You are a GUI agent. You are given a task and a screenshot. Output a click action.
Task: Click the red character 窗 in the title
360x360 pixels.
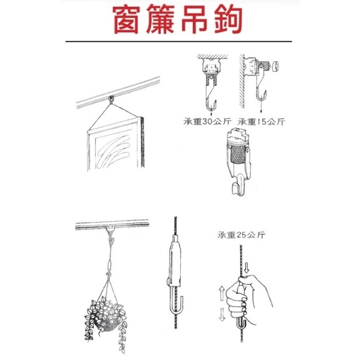point(126,20)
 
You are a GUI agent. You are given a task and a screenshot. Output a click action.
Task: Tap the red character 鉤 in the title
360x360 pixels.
point(229,20)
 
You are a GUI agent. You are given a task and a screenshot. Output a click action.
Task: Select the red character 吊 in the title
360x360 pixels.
point(194,20)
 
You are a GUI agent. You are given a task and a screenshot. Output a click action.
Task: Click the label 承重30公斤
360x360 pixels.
point(207,121)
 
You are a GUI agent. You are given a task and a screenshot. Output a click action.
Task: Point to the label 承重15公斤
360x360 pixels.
point(261,121)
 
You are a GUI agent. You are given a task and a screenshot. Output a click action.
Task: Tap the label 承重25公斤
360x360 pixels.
point(241,235)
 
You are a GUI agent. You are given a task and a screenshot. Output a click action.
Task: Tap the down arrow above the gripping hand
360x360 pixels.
point(247,268)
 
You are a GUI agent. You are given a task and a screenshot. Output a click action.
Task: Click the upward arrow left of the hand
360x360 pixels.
point(222,293)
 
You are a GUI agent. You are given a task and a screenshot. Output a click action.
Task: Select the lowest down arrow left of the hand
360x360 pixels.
point(222,314)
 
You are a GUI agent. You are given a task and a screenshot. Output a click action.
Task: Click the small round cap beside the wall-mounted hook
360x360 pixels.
point(275,67)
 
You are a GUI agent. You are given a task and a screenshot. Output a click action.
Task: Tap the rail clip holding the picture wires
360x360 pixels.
point(112,100)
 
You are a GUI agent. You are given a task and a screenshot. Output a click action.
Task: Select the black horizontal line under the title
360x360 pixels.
point(179,41)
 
